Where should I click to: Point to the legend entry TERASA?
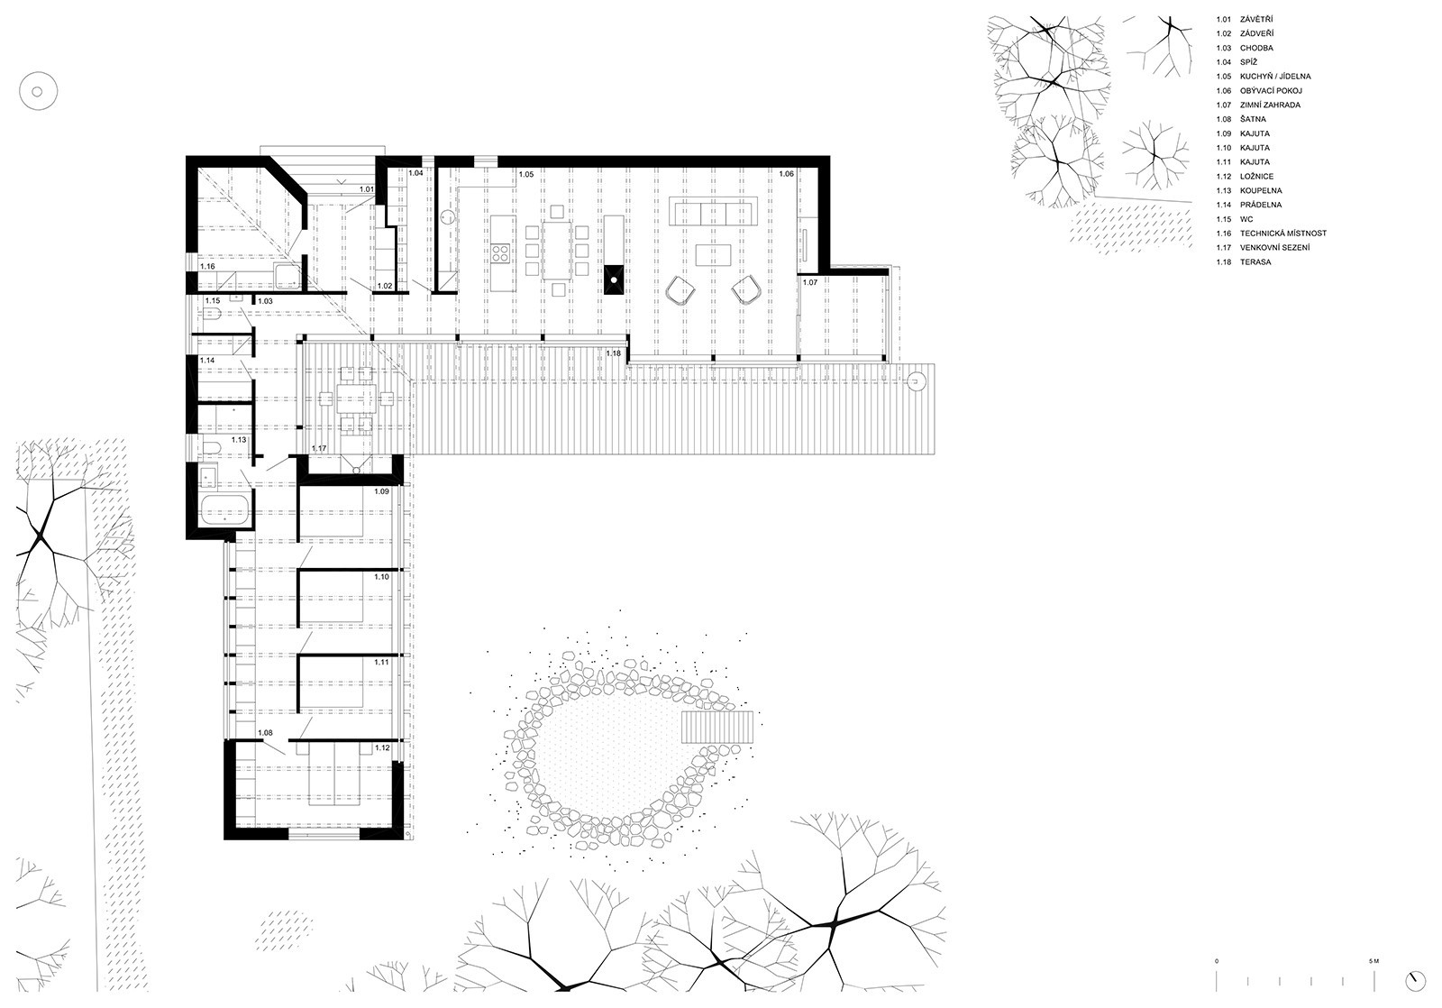pyautogui.click(x=1255, y=262)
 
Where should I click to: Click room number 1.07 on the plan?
pyautogui.click(x=810, y=282)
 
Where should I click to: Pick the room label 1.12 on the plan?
pyautogui.click(x=382, y=747)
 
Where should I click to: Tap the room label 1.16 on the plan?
pyautogui.click(x=207, y=266)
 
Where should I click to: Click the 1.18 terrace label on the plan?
pyautogui.click(x=614, y=353)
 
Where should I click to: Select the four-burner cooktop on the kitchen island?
pyautogui.click(x=501, y=254)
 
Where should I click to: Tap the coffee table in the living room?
pyautogui.click(x=713, y=254)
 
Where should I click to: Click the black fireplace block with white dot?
pyautogui.click(x=614, y=279)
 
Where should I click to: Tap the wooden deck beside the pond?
pyautogui.click(x=717, y=728)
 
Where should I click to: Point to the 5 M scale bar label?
pyautogui.click(x=1374, y=979)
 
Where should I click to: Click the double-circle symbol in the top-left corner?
pyautogui.click(x=37, y=91)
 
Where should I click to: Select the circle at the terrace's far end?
pyautogui.click(x=915, y=382)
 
